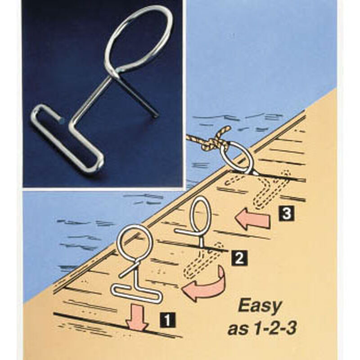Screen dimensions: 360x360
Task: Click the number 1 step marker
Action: coord(168,320)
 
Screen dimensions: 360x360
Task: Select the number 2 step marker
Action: coord(239,258)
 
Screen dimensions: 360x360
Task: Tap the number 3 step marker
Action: coord(286,214)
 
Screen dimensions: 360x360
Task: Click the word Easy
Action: coord(260,307)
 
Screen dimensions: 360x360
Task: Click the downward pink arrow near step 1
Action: coord(137,318)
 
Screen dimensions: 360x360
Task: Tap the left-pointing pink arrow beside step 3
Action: coord(252,218)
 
